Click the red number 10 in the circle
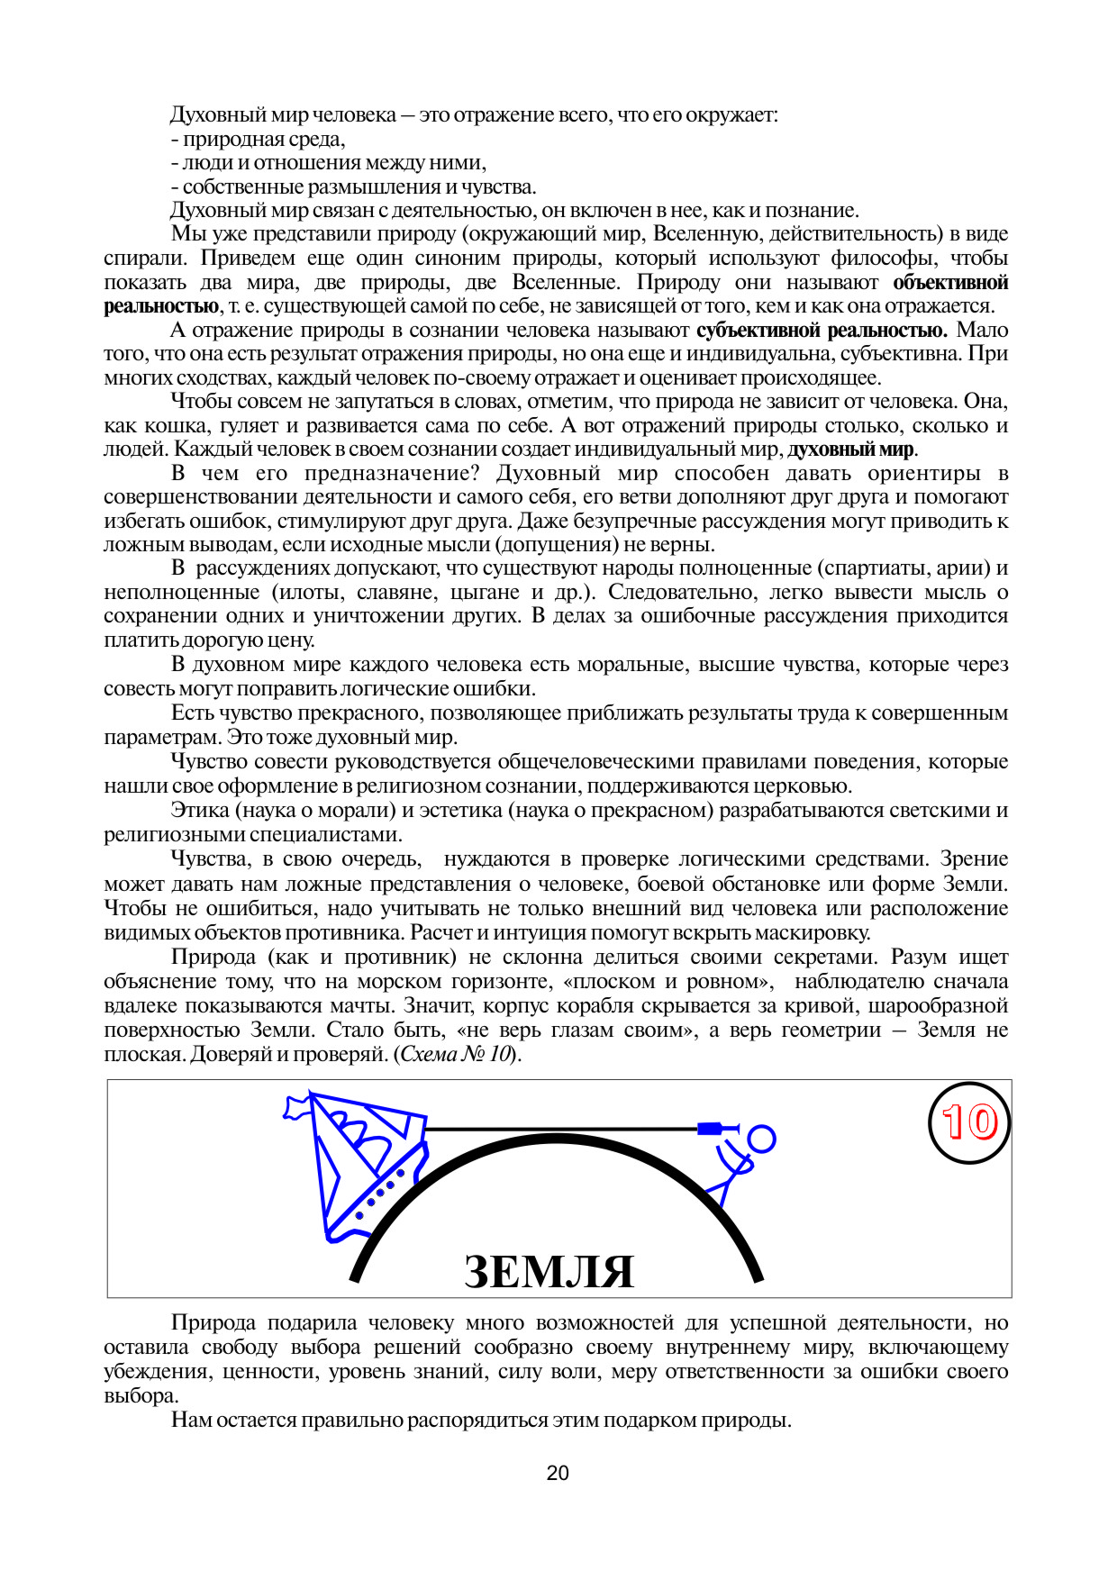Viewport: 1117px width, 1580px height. click(969, 1122)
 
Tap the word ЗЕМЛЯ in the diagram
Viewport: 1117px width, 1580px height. click(549, 1271)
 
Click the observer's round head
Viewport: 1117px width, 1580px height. click(761, 1139)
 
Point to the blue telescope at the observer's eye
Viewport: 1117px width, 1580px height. click(712, 1128)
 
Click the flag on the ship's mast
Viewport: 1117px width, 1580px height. click(296, 1106)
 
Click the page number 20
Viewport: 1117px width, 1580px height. click(558, 1473)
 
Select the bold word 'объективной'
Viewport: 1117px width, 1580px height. click(950, 283)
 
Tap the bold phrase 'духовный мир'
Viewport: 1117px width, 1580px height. click(850, 449)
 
